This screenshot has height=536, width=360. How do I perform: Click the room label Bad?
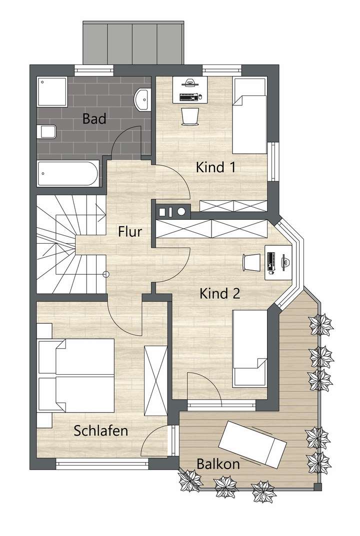point(93,119)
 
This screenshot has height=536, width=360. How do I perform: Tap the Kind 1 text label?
point(215,167)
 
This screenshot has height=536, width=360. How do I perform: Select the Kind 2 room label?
point(220,293)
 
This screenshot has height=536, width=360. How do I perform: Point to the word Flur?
point(130,232)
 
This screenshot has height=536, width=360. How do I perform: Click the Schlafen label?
point(101,431)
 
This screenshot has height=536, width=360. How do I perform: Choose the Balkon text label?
point(218,464)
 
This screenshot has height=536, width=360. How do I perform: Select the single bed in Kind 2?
point(250,348)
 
